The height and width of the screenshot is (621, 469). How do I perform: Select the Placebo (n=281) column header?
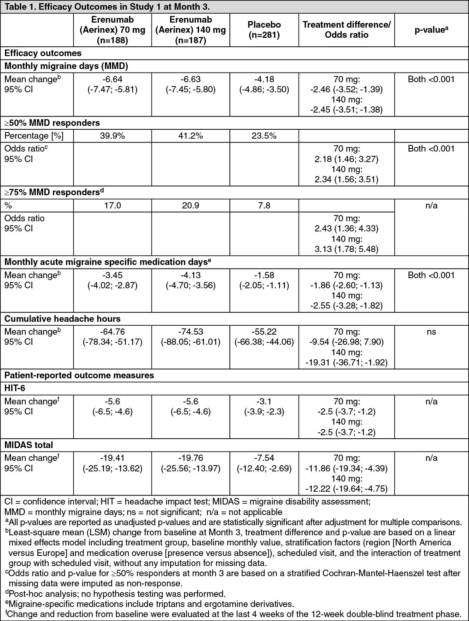coord(264,30)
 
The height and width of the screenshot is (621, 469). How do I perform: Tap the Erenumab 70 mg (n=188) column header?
coord(112,30)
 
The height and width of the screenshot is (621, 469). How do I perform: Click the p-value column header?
coord(431,30)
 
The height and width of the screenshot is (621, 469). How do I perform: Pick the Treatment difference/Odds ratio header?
coord(346,30)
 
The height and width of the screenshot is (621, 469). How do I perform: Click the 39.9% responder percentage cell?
coord(112,136)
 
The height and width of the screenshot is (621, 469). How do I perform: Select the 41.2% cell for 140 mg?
coord(191,136)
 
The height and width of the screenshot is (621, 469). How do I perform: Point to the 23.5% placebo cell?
coord(264,136)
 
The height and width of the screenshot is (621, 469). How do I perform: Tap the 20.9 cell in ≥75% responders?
coord(191,205)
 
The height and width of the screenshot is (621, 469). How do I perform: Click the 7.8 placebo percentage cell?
coord(264,205)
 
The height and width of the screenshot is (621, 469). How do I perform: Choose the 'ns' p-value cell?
coord(431,332)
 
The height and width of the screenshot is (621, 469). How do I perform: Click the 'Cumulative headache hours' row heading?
coord(62,319)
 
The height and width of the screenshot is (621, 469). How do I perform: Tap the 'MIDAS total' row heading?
coord(28,445)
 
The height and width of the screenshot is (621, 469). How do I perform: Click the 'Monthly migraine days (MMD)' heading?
coord(66,66)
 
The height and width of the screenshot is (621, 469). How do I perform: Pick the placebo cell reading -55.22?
coord(264,332)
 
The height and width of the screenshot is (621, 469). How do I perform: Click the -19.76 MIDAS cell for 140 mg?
coord(191,458)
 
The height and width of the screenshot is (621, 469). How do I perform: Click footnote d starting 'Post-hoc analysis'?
coord(117,594)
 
